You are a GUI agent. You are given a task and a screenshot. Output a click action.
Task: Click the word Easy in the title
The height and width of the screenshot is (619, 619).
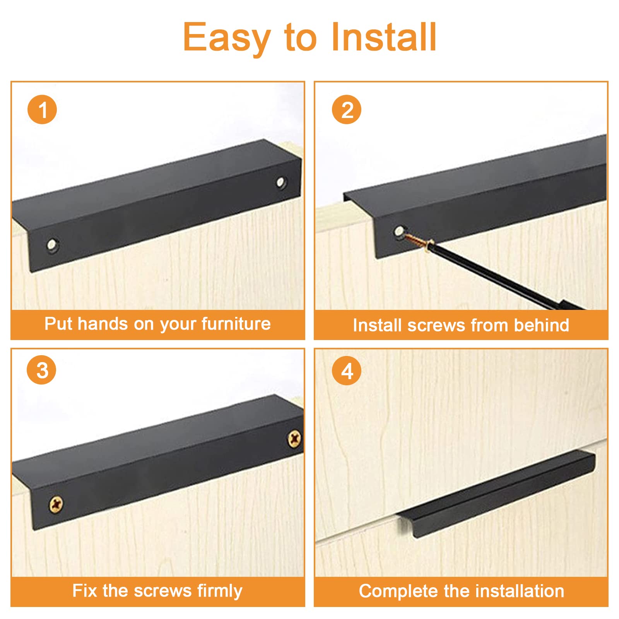[227, 38]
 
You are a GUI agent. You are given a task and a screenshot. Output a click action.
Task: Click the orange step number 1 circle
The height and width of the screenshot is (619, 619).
[42, 109]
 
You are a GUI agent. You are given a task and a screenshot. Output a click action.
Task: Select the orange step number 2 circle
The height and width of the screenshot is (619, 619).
[347, 109]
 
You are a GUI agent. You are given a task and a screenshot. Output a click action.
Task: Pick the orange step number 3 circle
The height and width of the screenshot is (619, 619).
[41, 370]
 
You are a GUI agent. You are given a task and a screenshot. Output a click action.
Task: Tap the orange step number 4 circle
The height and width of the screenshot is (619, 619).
[347, 370]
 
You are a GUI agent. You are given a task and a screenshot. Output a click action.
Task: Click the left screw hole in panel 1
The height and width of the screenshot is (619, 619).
[53, 245]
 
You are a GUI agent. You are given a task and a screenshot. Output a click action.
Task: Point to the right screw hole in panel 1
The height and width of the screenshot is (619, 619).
[281, 182]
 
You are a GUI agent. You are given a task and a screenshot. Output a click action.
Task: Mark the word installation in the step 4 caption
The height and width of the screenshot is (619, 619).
[520, 591]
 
